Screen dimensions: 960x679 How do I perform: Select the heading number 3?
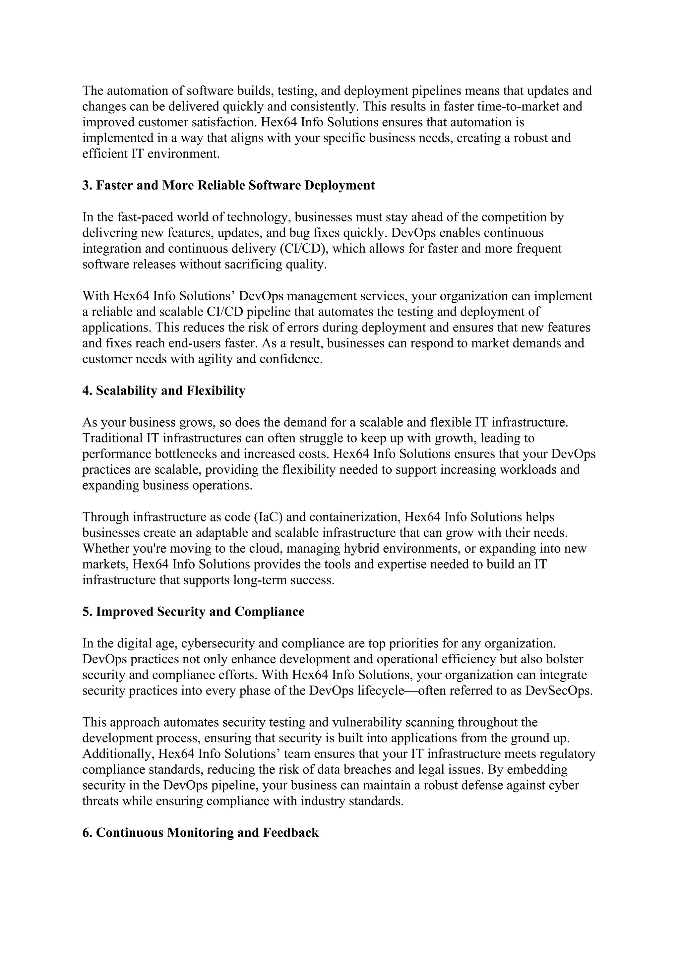[87, 185]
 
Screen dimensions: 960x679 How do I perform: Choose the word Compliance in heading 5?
[269, 612]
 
